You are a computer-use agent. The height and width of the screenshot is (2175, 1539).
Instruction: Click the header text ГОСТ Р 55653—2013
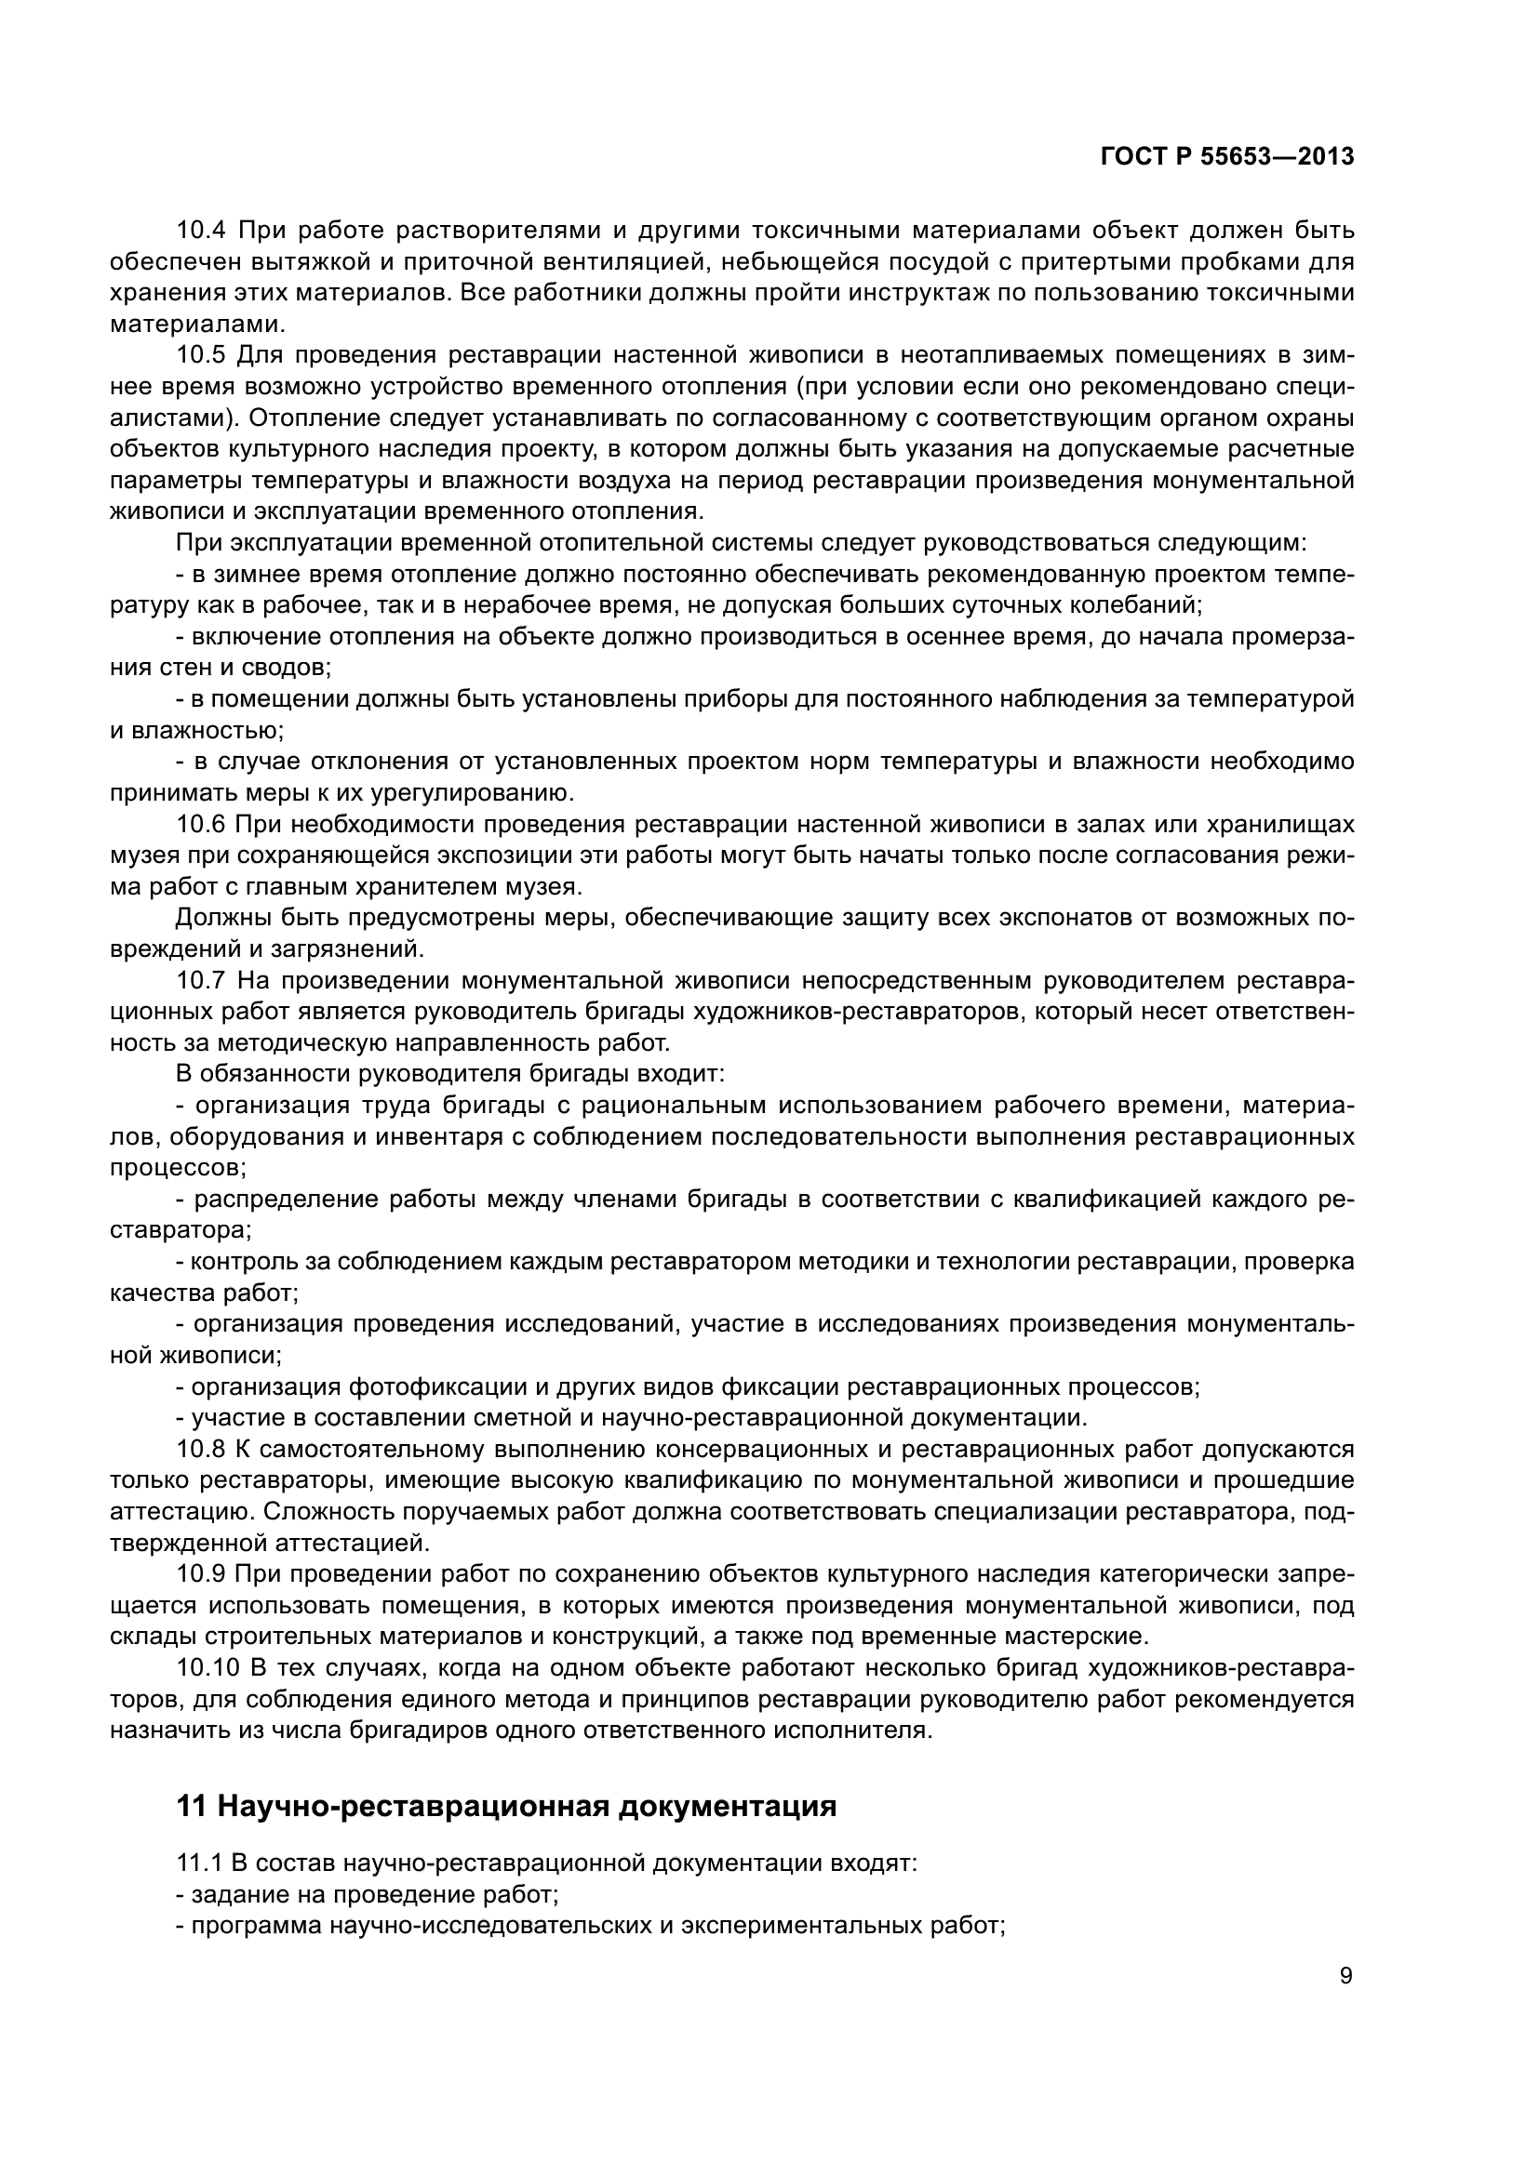1227,157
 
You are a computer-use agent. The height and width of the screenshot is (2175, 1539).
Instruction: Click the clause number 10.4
202,231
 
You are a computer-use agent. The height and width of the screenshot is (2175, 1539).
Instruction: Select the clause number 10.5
202,355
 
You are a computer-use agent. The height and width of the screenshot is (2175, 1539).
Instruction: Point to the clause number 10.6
202,824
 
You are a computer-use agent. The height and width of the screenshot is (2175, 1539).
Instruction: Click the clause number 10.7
202,980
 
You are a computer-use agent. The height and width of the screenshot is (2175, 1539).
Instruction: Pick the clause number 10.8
202,1450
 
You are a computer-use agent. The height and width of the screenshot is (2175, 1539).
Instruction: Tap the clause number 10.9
202,1574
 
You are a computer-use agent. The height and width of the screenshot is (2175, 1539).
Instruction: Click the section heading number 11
192,1807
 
